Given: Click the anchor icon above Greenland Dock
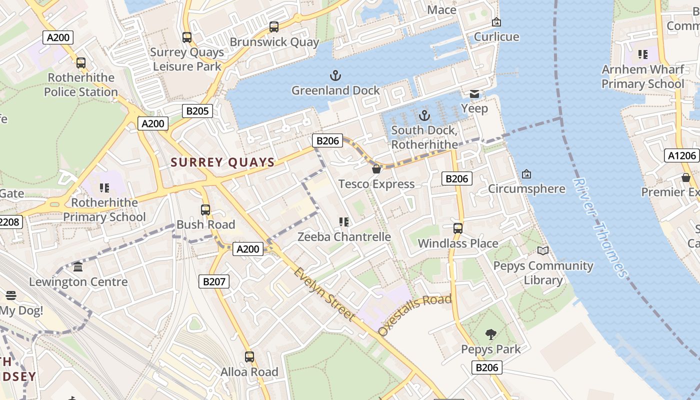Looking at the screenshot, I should click(x=335, y=76).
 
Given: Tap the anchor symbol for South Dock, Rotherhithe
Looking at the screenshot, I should click(x=424, y=115).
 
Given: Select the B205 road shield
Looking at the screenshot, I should click(x=197, y=111).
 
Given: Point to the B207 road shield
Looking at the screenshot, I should click(x=214, y=281).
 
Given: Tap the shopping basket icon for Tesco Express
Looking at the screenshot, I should click(x=376, y=169).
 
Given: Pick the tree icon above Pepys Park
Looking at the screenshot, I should click(x=491, y=334).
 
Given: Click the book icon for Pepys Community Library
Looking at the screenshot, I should click(x=543, y=251).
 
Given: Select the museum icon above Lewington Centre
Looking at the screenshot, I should click(x=78, y=267).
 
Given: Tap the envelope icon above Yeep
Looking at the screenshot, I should click(x=474, y=94).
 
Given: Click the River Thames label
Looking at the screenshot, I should click(x=600, y=227).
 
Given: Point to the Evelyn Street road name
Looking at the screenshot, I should click(x=324, y=294).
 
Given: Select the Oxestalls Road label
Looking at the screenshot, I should click(x=414, y=314).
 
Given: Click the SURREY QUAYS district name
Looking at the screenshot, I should click(x=222, y=162).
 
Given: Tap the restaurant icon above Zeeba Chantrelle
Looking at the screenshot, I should click(x=343, y=221).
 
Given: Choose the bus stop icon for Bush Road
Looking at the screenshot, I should click(x=205, y=210).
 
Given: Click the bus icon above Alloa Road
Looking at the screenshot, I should click(x=249, y=357).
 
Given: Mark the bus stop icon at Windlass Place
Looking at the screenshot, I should click(x=457, y=228).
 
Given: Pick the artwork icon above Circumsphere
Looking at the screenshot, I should click(x=526, y=174).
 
